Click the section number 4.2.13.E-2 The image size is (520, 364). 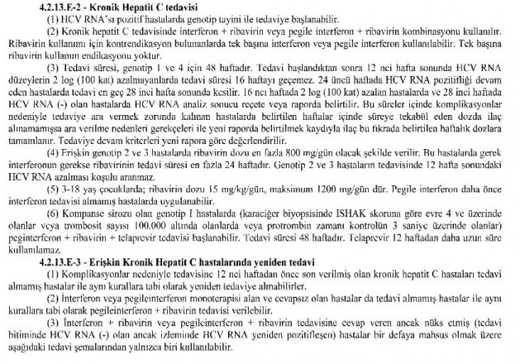pos(60,6)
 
